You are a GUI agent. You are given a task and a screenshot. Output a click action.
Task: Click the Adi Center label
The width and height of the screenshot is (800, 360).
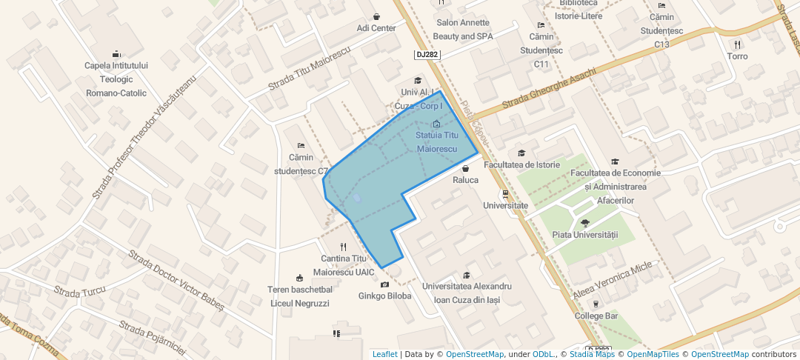tap(376, 28)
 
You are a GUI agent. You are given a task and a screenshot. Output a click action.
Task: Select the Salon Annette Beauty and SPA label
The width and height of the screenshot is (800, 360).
tap(463, 30)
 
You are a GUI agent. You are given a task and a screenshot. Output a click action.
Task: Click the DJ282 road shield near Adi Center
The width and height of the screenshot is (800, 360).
tap(426, 55)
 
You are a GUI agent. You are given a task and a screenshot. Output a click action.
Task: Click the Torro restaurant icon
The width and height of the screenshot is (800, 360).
tap(738, 44)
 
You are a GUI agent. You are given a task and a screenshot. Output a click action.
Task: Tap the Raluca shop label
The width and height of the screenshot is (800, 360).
tap(465, 180)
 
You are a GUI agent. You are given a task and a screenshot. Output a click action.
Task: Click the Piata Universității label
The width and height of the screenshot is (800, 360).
tap(585, 235)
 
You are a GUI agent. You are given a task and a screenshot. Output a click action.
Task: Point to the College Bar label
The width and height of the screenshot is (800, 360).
tap(596, 316)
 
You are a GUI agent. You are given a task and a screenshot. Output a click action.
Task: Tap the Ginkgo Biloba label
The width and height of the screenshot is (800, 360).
tap(384, 296)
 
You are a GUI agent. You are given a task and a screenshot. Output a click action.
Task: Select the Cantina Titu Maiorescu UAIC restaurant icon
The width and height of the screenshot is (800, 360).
tap(343, 247)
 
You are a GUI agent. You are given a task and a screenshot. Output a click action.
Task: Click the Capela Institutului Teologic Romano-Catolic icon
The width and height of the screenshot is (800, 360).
tap(116, 53)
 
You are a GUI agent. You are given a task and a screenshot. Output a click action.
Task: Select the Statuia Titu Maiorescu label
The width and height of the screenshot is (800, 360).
tap(437, 142)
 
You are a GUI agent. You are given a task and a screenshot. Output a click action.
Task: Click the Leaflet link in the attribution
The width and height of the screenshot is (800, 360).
tap(384, 354)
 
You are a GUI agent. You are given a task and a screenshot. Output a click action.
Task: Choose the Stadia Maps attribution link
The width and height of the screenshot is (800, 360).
tap(590, 354)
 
